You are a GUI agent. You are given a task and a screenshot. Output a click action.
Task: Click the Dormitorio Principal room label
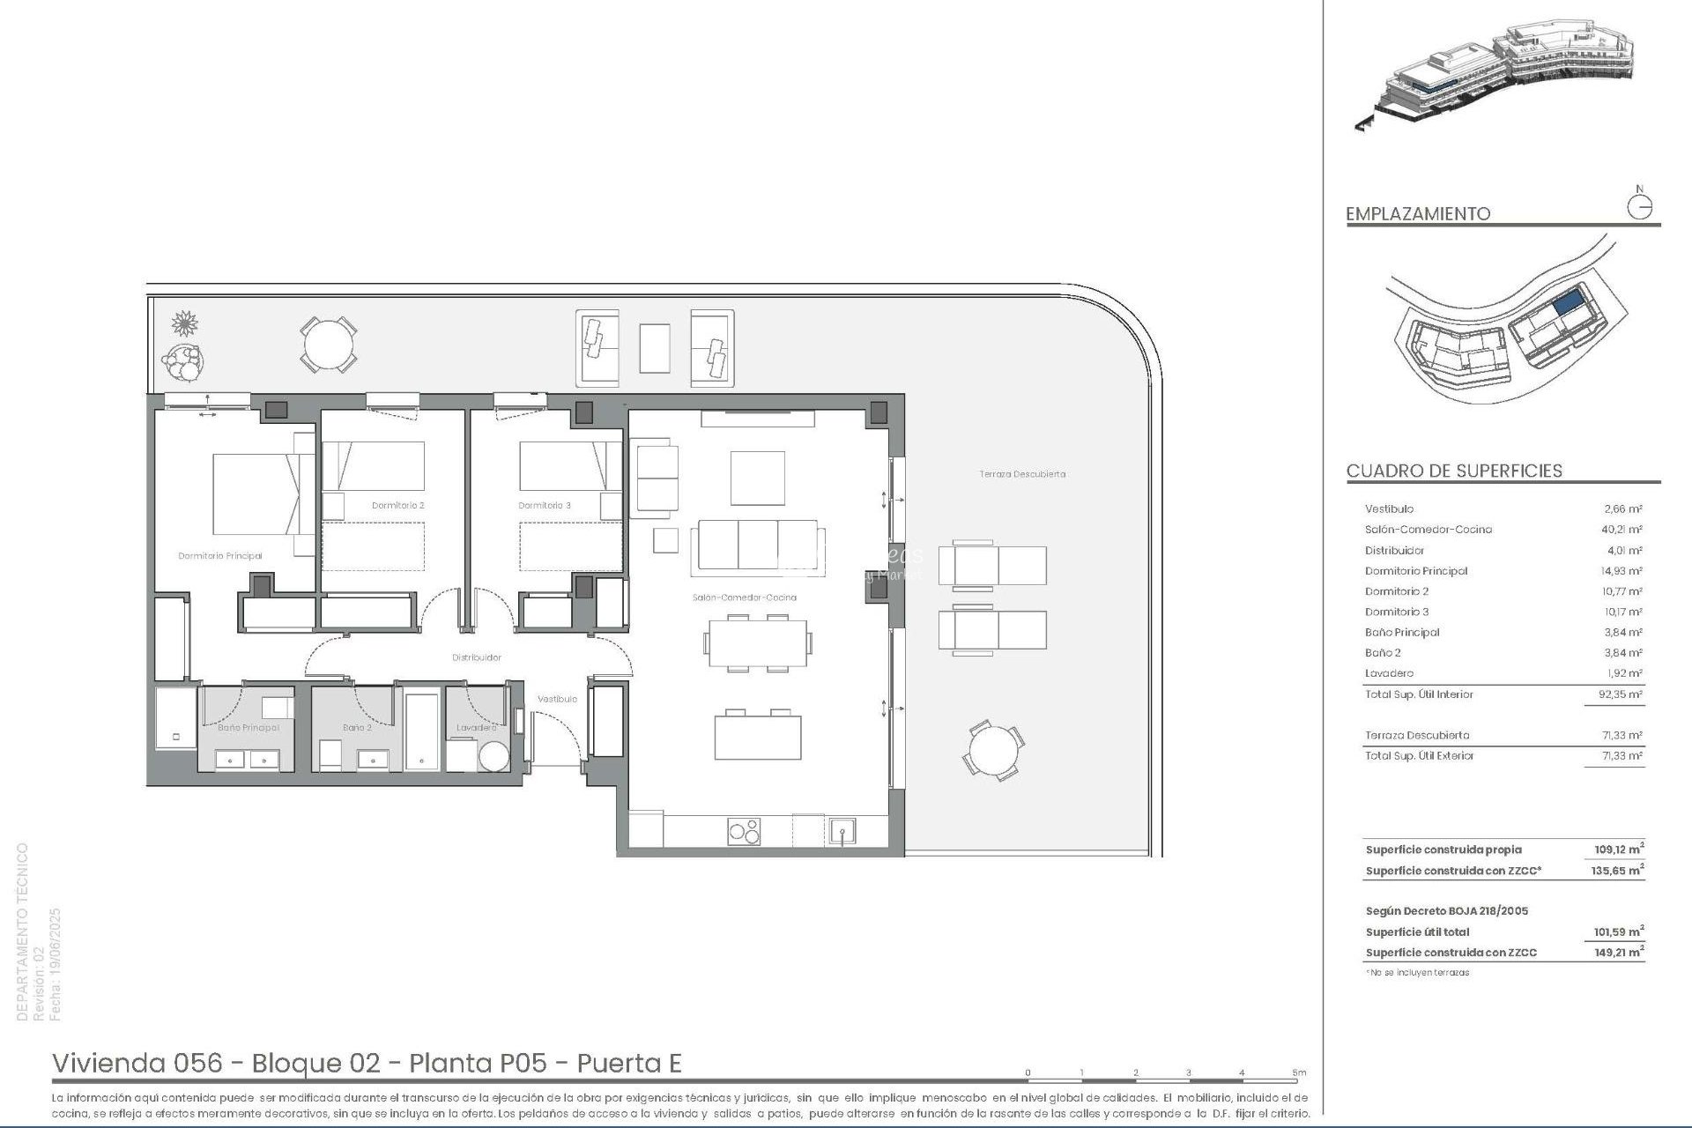220,556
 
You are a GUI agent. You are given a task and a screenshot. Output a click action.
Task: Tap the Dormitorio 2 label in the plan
398,506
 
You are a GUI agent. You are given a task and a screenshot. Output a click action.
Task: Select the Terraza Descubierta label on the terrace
1022,474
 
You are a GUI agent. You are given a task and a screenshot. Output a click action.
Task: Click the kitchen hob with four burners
744,832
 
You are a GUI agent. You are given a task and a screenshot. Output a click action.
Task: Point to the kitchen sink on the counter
842,831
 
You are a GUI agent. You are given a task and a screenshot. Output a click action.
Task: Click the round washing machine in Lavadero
493,756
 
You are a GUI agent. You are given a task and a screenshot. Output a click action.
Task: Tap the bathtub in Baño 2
421,731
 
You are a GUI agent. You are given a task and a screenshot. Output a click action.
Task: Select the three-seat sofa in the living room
758,545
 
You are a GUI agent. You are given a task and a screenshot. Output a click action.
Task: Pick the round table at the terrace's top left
328,344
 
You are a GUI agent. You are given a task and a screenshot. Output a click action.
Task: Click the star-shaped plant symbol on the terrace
185,323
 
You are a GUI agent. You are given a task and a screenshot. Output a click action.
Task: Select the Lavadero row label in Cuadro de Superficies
1389,673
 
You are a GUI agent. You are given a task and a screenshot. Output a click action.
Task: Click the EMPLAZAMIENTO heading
1418,214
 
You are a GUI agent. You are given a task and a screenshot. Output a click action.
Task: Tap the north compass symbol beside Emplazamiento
1639,207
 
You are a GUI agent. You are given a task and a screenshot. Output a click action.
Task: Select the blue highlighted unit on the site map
1566,305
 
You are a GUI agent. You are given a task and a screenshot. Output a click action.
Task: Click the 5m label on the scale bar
1299,1072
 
